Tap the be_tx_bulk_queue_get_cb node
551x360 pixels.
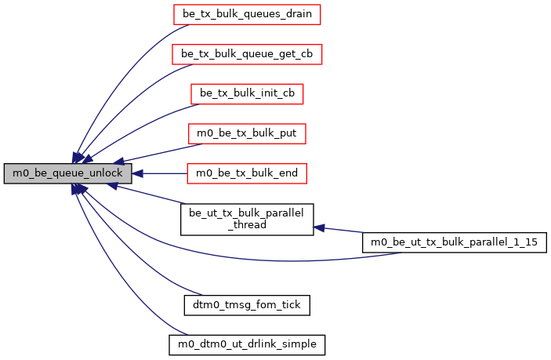[247, 53]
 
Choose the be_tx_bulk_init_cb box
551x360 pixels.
[247, 93]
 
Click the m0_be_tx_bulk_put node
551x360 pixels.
[247, 133]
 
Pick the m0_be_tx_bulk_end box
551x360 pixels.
[247, 173]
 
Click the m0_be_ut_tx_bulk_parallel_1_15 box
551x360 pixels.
[454, 243]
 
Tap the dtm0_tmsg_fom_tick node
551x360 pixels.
[247, 304]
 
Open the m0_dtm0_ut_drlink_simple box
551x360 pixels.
[247, 344]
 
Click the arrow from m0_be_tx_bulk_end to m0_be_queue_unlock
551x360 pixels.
[161, 173]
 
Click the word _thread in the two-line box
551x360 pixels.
[247, 225]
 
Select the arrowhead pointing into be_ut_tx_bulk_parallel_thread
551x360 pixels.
[319, 227]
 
